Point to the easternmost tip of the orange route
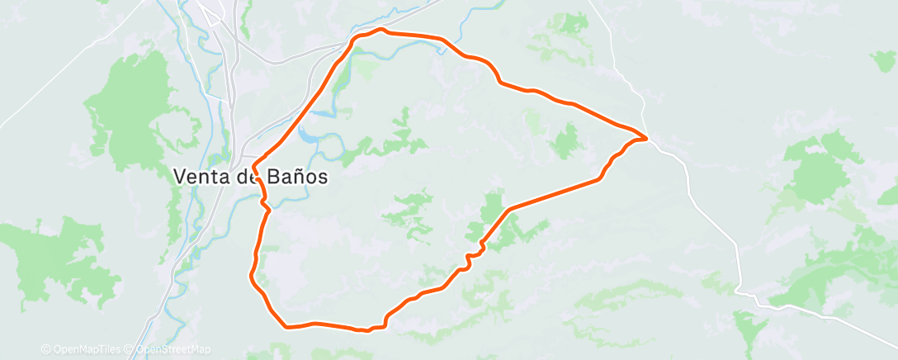pos(645,137)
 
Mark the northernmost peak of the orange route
pos(381,30)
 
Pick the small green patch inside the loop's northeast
pos(566,140)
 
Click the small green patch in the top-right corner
pos(883,59)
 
